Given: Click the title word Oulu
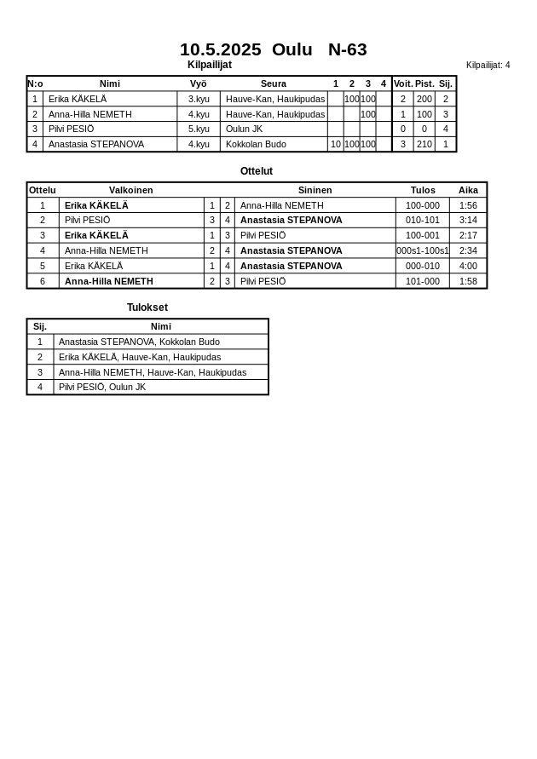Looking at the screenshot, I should click(x=292, y=49).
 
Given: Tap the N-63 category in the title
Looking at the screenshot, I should click(x=347, y=49).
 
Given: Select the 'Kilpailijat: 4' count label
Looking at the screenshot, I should click(x=488, y=65).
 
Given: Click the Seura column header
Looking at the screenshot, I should click(x=274, y=83).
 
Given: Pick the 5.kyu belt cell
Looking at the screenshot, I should click(x=199, y=129).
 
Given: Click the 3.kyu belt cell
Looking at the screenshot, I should click(x=199, y=99).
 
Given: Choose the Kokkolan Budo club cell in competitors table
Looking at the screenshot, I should click(x=256, y=144).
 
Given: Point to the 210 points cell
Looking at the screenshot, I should click(x=424, y=144).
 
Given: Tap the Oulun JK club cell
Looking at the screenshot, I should click(x=244, y=129).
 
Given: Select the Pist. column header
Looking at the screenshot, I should click(x=424, y=83).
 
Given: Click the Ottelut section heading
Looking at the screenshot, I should click(x=257, y=171).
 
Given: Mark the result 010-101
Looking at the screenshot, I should click(x=423, y=220).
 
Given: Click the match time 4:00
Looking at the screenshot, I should click(x=468, y=266).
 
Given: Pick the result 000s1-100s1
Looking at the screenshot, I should click(x=423, y=250).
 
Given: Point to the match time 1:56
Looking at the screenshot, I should click(x=468, y=205).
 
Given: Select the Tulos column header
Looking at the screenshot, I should click(x=423, y=190).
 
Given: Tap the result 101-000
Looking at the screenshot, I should click(x=423, y=281).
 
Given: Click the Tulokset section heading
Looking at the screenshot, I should click(x=147, y=308).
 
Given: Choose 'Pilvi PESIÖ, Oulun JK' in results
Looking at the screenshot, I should click(x=102, y=387).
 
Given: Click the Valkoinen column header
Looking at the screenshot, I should click(x=131, y=190).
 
